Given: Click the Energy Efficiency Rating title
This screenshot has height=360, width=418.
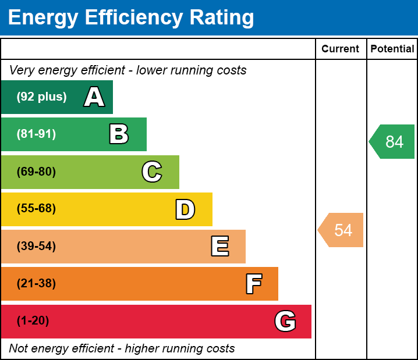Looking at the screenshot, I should [131, 18].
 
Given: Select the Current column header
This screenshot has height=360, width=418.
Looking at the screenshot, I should [341, 49].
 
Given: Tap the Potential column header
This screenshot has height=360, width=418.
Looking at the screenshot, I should [392, 49].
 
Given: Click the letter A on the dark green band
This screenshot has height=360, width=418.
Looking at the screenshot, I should [94, 97].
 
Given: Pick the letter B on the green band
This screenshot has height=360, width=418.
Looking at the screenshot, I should [119, 134].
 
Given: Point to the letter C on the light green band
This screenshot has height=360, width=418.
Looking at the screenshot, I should [152, 172].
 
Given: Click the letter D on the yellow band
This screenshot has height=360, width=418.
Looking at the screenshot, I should [185, 209].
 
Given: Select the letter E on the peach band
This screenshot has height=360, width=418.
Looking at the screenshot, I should [219, 247].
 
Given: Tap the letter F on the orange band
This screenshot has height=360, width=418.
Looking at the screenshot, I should [253, 284].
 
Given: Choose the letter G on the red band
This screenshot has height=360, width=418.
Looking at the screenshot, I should [285, 321].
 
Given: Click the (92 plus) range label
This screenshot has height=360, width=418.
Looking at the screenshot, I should [41, 97].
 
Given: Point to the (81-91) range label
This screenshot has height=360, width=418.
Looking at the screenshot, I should [36, 134].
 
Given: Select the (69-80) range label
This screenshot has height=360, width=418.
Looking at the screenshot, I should [36, 172].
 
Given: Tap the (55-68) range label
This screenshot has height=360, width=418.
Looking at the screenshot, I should [36, 209].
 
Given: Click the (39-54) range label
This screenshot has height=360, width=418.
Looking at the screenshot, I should [36, 247].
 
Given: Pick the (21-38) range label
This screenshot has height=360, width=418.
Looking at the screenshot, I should [36, 284].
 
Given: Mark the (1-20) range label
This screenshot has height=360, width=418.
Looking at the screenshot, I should [33, 321].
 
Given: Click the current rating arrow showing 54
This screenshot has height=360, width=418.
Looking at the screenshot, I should [342, 230].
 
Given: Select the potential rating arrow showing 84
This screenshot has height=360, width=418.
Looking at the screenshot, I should [393, 141].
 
